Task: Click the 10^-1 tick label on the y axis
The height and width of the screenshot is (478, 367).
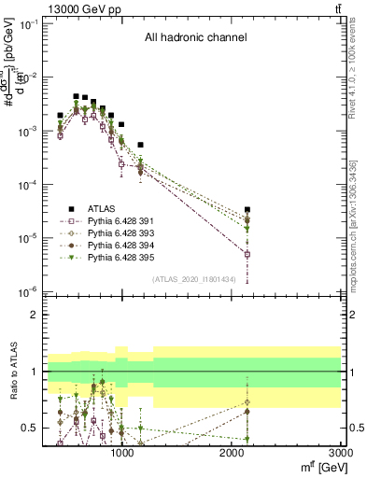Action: tap(25, 24)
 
